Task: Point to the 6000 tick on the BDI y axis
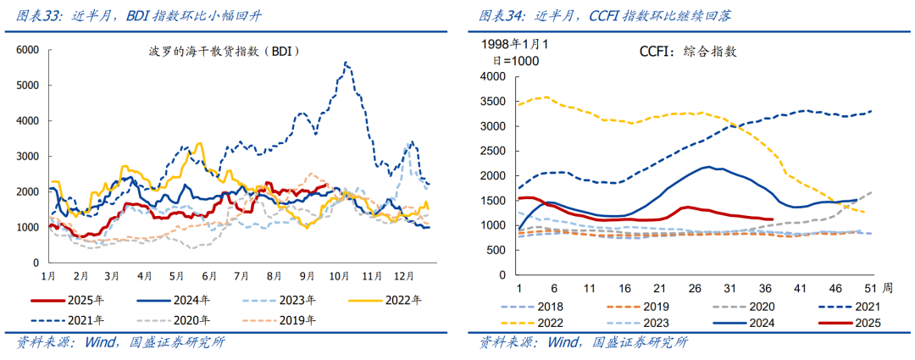point(28,50)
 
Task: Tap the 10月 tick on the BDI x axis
point(340,276)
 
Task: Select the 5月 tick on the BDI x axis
point(177,276)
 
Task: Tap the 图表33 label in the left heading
point(35,15)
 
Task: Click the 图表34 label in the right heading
point(499,15)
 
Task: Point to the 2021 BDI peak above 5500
point(345,63)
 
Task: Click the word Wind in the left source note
point(102,342)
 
